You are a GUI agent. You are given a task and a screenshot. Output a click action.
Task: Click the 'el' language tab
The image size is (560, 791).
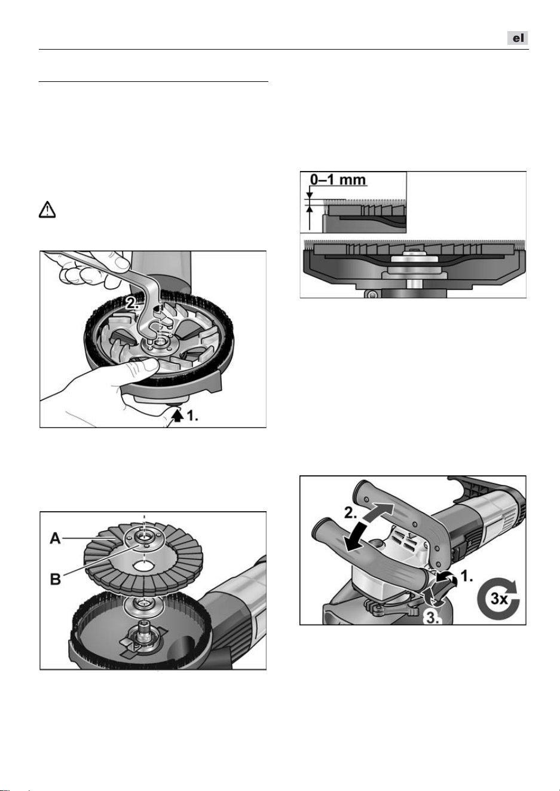point(518,38)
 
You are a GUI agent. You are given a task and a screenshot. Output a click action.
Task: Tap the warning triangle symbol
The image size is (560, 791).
point(47,209)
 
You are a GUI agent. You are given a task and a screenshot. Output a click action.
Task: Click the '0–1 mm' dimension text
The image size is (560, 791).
point(338,180)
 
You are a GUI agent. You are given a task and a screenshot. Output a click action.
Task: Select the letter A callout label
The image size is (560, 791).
point(56,539)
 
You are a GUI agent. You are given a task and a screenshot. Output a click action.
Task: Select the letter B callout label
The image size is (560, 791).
point(56,579)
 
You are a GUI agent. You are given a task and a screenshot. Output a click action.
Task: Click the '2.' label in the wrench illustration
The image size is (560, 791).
point(132,303)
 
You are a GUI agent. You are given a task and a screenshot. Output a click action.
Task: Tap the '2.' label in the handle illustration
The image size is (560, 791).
point(350,512)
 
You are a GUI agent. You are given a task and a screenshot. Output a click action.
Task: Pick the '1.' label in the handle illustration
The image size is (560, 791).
point(467,576)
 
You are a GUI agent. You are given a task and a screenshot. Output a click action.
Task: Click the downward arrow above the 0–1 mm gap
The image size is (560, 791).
point(310,194)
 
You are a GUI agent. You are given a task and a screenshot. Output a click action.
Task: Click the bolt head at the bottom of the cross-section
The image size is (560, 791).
point(371,294)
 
